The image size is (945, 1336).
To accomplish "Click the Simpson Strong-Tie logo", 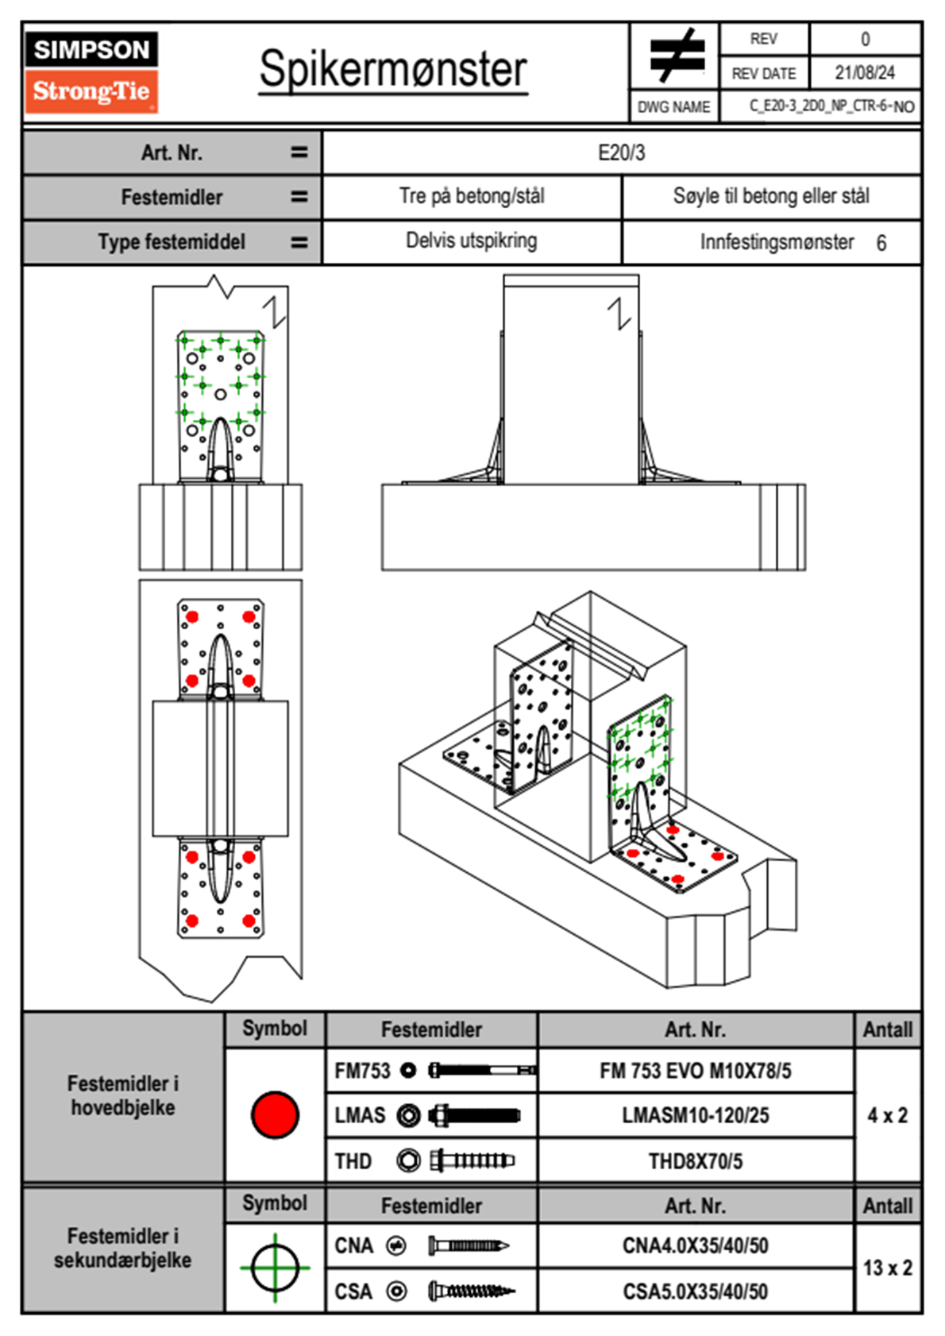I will point(91,72).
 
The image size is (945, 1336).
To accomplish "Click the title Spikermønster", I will point(393,69).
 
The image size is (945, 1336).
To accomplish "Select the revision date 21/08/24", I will point(864,73).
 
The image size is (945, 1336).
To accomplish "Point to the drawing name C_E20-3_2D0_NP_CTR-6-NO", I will point(831,106).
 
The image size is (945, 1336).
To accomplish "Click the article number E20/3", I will point(621,153).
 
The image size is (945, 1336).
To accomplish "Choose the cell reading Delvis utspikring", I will point(471,241).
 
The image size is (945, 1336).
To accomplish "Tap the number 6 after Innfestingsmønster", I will point(881,243).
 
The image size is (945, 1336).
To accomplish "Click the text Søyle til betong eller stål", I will point(770,196).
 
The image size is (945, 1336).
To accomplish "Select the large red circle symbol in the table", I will point(275,1114).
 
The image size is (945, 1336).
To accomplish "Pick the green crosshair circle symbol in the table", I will point(275,1268).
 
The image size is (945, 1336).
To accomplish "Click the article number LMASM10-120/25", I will point(695,1115).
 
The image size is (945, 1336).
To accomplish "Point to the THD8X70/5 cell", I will point(695,1161).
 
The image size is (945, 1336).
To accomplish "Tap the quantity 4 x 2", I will point(887,1115).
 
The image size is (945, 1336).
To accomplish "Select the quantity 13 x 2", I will point(887,1268).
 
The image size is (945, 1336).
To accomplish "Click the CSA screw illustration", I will point(470,1291).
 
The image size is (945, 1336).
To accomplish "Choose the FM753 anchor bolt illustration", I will point(481,1071).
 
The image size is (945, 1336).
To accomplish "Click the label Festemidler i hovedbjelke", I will point(123,1095).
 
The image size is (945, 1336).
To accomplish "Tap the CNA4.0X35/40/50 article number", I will point(695,1245).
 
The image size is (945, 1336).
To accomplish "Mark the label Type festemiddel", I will point(172,242).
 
